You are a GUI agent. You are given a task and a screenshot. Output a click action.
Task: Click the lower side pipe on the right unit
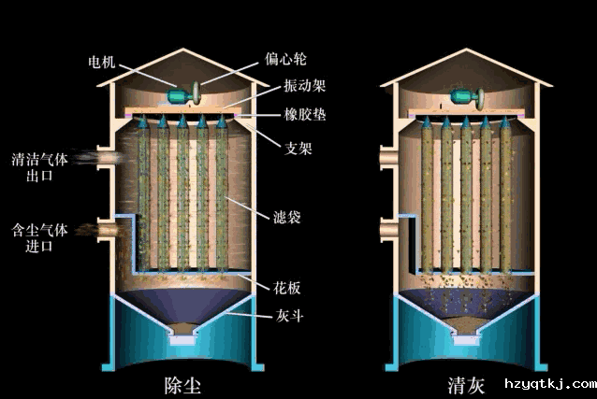390,228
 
